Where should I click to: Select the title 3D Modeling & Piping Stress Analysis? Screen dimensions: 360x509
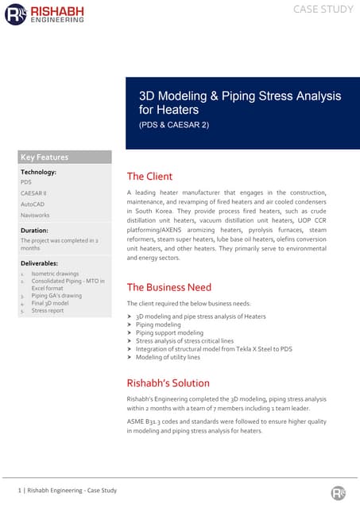click(240, 96)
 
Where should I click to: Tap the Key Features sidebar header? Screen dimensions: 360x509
click(45, 157)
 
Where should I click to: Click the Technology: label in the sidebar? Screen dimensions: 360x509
click(38, 172)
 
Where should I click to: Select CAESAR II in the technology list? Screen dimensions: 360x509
click(33, 193)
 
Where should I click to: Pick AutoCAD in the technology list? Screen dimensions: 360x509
click(33, 204)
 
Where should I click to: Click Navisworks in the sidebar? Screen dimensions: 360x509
click(35, 216)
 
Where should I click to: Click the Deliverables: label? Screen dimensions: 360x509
click(39, 262)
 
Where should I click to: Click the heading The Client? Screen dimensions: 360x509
click(149, 177)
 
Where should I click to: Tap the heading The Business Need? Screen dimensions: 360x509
click(168, 287)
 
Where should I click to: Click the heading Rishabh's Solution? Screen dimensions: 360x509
click(168, 383)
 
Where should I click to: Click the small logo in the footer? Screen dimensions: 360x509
click(339, 492)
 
